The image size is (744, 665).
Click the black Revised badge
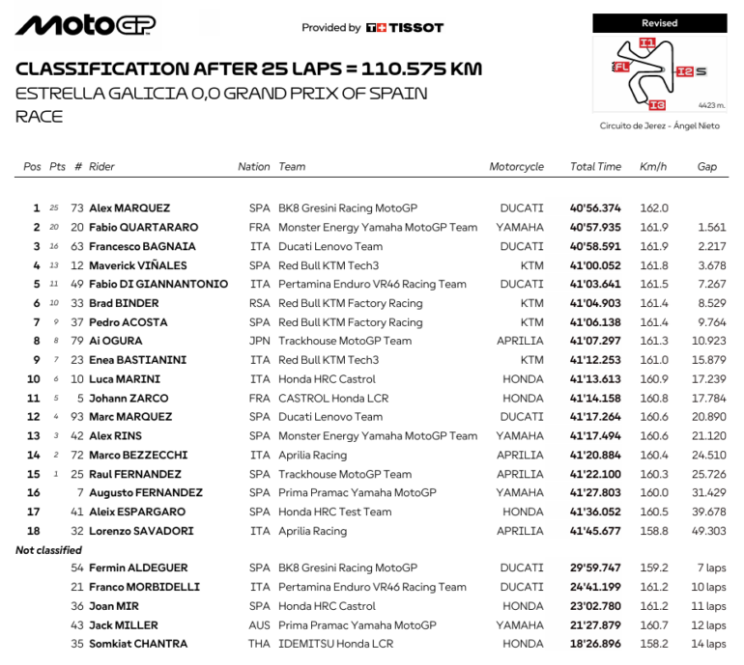click(659, 23)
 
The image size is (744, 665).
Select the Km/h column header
click(652, 167)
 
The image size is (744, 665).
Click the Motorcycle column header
click(516, 167)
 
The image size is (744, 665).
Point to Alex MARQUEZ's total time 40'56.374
click(595, 208)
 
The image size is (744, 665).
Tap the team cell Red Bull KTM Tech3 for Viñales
click(329, 265)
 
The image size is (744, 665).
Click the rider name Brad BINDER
click(124, 303)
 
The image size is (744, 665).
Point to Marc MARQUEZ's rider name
click(130, 417)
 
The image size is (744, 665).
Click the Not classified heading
click(48, 550)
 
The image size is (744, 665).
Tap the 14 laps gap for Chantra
click(708, 644)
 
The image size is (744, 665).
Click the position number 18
click(36, 531)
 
